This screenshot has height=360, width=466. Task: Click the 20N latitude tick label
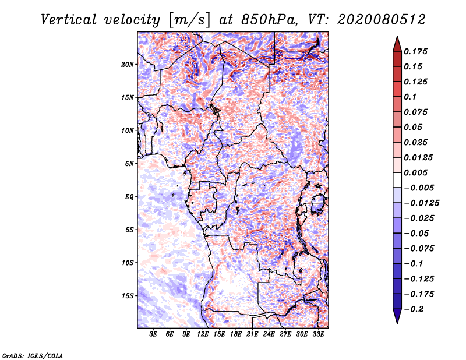click(x=128, y=65)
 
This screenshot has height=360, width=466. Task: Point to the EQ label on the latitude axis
click(x=129, y=197)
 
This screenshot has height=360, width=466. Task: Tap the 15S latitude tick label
click(x=128, y=296)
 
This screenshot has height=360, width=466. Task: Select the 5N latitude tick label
click(x=129, y=164)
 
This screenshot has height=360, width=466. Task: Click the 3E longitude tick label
click(x=153, y=334)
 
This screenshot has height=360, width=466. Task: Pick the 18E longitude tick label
click(x=236, y=334)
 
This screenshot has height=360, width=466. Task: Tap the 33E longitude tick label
click(x=318, y=334)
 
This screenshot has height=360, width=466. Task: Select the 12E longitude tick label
click(x=203, y=334)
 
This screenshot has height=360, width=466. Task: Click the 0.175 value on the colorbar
click(x=415, y=51)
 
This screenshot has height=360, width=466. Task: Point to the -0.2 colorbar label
click(x=414, y=309)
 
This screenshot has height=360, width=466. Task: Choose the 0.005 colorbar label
click(x=415, y=172)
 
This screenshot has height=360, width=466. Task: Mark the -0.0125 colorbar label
click(x=421, y=203)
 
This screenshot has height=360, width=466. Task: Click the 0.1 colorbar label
click(x=410, y=97)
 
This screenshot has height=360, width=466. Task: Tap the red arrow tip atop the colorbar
click(x=397, y=37)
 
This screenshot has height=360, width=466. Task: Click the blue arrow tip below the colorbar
click(x=397, y=323)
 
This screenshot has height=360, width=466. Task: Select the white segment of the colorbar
click(x=397, y=180)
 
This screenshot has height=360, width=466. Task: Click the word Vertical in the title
click(x=69, y=20)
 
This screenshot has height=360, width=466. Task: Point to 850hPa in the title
click(x=269, y=20)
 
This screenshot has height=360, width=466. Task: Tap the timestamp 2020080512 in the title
click(x=382, y=20)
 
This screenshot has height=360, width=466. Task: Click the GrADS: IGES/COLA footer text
click(x=33, y=355)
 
